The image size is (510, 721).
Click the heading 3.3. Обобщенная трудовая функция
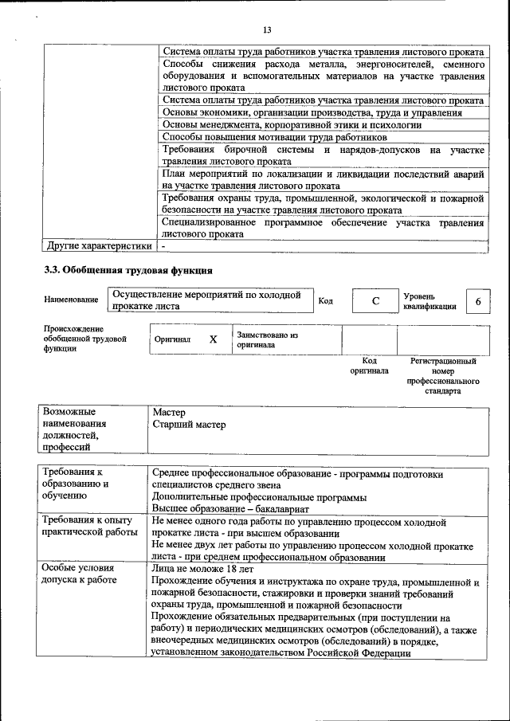(x=128, y=270)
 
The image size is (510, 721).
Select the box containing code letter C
(x=374, y=301)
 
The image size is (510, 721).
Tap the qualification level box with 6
(x=477, y=301)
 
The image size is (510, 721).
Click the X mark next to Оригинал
(x=213, y=339)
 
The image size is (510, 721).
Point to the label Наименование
(x=72, y=300)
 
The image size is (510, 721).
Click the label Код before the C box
(x=326, y=300)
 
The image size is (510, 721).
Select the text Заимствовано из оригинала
(x=267, y=339)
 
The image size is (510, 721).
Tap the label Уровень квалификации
(x=430, y=301)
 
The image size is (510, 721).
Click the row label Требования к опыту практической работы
(x=84, y=527)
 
